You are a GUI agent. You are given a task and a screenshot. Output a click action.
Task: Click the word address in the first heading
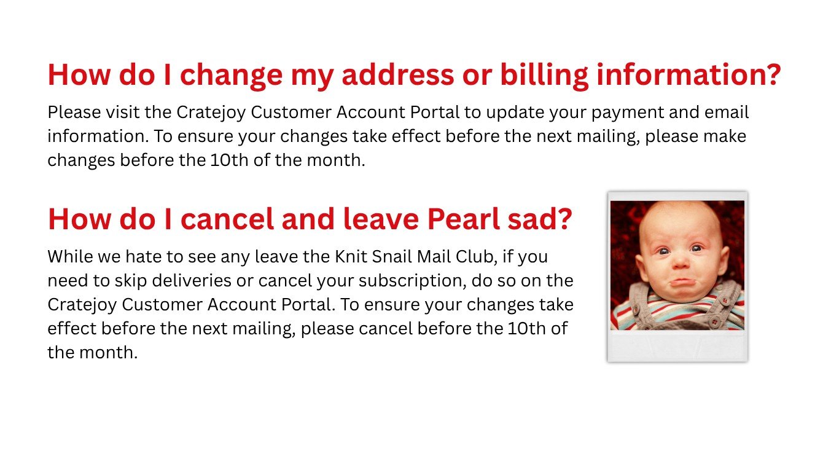point(398,74)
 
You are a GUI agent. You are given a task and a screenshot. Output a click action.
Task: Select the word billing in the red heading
point(544,76)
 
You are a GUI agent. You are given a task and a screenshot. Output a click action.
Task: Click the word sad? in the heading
point(540,219)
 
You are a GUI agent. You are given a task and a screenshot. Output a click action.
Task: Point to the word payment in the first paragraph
point(626,113)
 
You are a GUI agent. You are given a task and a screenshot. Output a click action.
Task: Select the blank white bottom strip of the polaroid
point(677,345)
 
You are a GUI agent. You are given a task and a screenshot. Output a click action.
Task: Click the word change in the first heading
point(231,76)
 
